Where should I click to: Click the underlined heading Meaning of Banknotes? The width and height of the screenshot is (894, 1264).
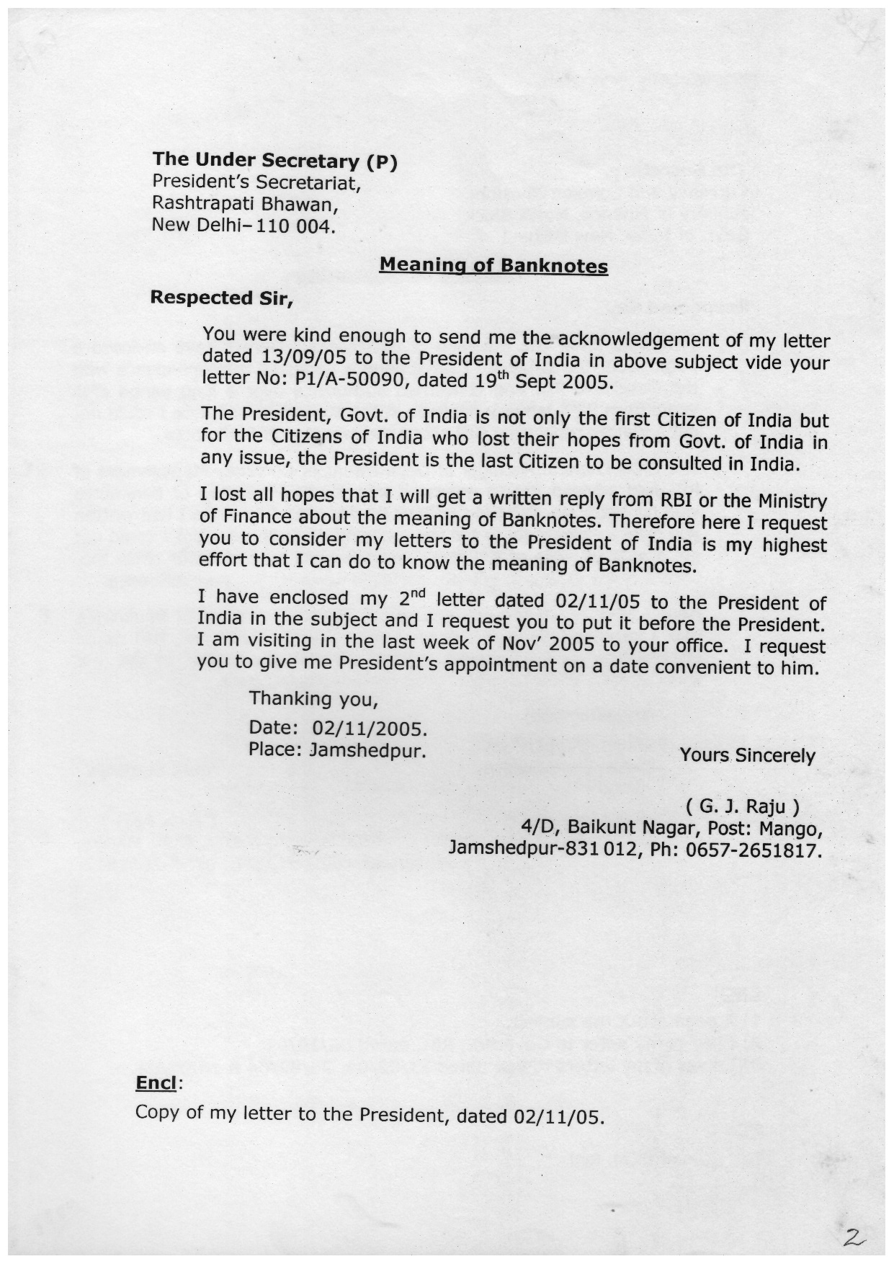pyautogui.click(x=493, y=265)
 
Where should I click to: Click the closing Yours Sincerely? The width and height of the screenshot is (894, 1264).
pyautogui.click(x=747, y=755)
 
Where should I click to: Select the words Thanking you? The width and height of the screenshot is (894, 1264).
pyautogui.click(x=313, y=698)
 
